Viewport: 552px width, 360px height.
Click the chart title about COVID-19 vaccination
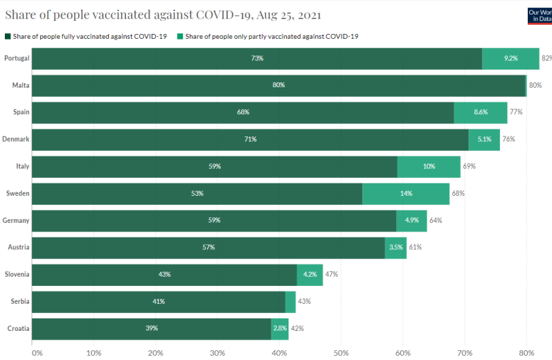(163, 15)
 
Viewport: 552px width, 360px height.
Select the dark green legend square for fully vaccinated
(8, 36)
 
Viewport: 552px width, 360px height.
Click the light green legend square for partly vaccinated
(180, 36)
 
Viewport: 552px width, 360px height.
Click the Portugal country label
(17, 58)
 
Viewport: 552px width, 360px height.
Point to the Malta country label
(21, 85)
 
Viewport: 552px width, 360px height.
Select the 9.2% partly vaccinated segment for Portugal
(510, 58)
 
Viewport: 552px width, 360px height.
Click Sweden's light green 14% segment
(406, 193)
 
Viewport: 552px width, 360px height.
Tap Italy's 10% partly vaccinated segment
(429, 166)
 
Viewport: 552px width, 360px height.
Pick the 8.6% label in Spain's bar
(481, 112)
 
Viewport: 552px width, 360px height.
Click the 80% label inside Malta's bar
(278, 85)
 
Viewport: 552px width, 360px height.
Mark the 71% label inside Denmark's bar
(250, 139)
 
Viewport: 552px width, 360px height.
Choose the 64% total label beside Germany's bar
(436, 220)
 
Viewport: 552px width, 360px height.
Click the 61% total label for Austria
(415, 247)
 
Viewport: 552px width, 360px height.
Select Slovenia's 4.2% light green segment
(310, 274)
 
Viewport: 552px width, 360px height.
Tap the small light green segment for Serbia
(290, 301)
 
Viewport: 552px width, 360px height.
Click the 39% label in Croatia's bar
(152, 328)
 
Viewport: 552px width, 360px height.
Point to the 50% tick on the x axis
(341, 352)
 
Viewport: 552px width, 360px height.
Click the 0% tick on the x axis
(37, 352)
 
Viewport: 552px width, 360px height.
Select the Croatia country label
(18, 328)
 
